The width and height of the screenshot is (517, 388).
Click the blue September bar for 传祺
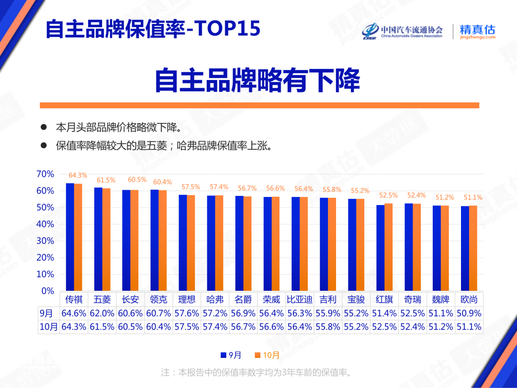pos(70,237)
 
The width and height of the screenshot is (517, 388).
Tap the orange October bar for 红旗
pos(388,247)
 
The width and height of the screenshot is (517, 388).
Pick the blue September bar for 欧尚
pos(465,248)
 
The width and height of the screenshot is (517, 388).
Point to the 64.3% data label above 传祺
pos(78,175)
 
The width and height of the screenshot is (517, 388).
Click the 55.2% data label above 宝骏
pos(360,191)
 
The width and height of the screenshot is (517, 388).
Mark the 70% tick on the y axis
pos(45,174)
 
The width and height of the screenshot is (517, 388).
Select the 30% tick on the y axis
pos(45,241)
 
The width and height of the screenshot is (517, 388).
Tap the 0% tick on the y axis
pos(48,291)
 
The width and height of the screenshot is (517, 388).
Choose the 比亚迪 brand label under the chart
pos(300,300)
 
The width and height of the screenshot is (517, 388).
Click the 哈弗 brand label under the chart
pos(215,300)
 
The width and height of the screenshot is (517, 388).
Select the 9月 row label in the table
pos(46,313)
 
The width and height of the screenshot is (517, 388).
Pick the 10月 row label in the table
pos(48,327)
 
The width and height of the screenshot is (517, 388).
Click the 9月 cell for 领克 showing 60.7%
pos(158,313)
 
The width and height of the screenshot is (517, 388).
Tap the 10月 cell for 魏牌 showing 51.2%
pos(440,327)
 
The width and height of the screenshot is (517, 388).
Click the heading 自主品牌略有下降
pos(257,80)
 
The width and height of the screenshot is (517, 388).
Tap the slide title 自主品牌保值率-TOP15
pos(153,29)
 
